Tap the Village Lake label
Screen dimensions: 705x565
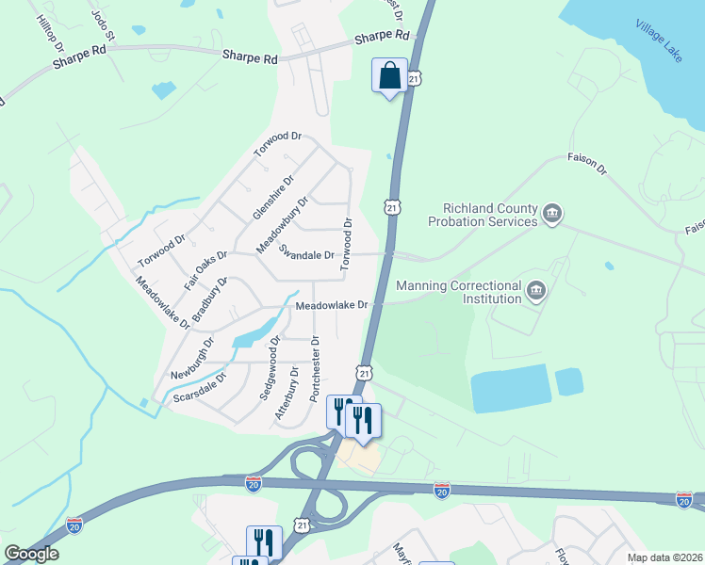tap(658, 40)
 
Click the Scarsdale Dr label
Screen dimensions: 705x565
tap(200, 388)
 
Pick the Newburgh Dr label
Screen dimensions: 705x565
tap(187, 362)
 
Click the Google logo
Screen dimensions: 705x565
tap(32, 554)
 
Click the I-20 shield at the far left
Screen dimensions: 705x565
tap(74, 525)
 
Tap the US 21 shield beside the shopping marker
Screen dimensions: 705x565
tap(416, 80)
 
